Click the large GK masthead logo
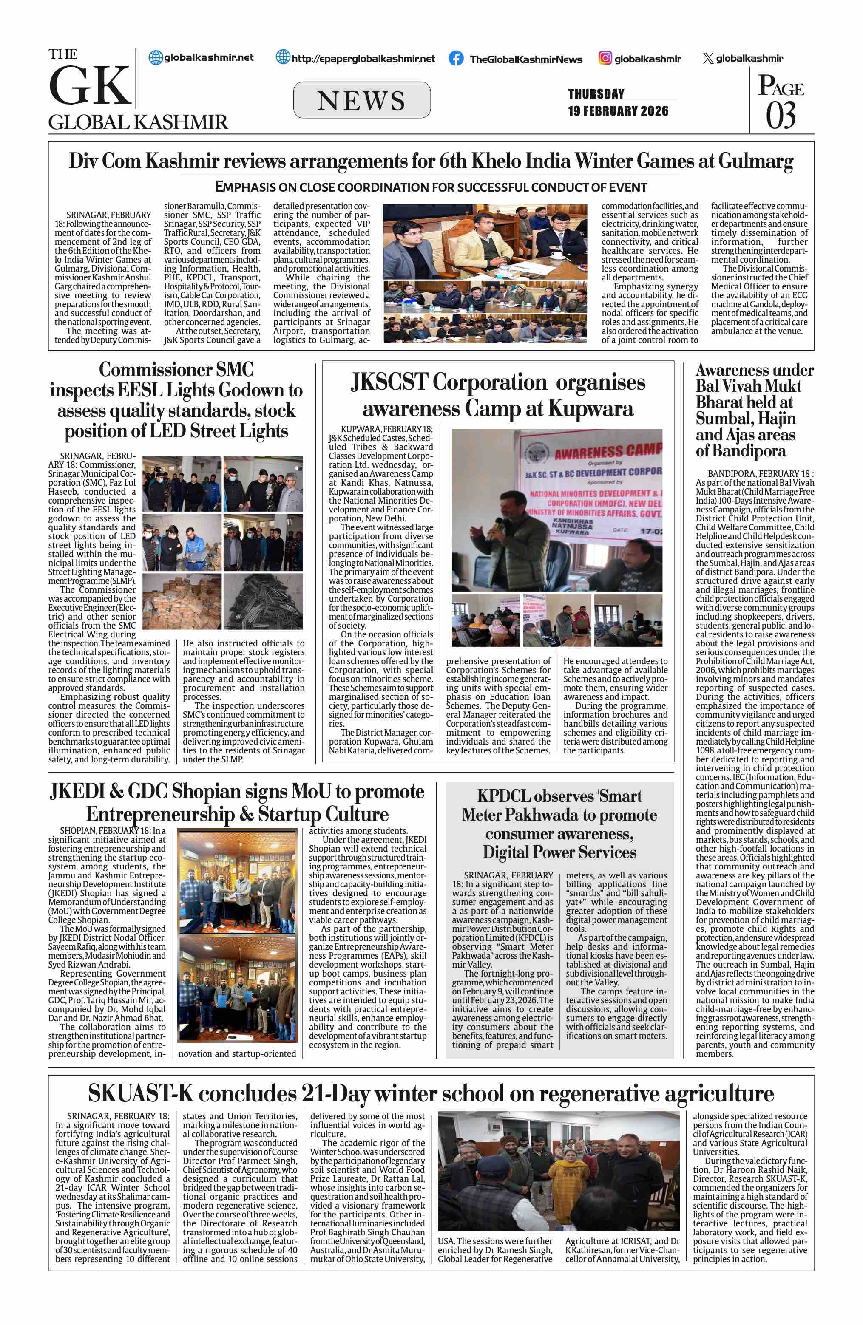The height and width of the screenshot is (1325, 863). click(90, 86)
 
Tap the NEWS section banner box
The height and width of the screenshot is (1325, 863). click(361, 100)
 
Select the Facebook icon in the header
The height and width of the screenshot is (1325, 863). click(456, 59)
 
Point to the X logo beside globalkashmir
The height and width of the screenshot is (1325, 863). click(708, 59)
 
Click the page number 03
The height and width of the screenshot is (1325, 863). click(781, 116)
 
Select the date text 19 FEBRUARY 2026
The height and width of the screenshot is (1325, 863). click(618, 111)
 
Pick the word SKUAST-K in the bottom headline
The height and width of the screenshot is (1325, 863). click(140, 1093)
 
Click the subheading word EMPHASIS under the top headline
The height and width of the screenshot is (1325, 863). click(255, 187)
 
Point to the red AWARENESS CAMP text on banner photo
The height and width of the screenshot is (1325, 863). click(608, 451)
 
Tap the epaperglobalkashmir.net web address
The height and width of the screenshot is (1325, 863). click(363, 59)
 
